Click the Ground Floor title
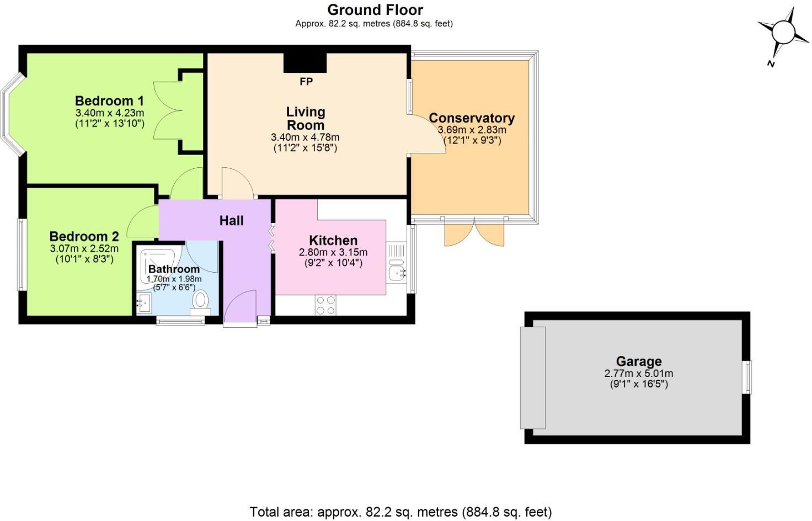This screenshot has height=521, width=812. click(x=375, y=10)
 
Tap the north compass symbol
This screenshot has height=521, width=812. click(x=782, y=32)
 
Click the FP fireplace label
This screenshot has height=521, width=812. click(x=306, y=82)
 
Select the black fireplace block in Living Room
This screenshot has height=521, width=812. click(x=305, y=63)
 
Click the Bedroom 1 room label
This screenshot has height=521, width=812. click(x=109, y=101)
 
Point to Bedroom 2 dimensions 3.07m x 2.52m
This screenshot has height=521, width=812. click(x=84, y=249)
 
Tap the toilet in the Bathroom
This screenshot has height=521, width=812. click(x=200, y=301)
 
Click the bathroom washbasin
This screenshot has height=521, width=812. click(x=143, y=303)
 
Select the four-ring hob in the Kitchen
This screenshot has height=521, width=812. click(x=325, y=305)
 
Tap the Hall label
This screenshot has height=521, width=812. click(x=231, y=221)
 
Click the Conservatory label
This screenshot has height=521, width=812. click(x=472, y=118)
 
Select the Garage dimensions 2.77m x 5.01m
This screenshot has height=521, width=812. click(x=638, y=374)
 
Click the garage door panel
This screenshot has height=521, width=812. click(x=533, y=378)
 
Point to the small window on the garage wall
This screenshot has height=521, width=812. click(x=747, y=378)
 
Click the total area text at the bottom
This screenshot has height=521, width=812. click(x=400, y=512)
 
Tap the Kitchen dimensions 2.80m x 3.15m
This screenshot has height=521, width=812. click(x=333, y=252)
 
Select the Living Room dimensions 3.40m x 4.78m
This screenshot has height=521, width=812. click(x=305, y=137)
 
